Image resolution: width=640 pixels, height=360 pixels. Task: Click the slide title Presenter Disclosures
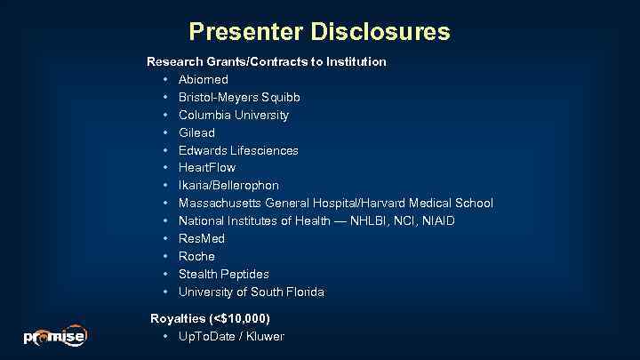319,32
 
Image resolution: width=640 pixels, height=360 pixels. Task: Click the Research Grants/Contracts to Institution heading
266,62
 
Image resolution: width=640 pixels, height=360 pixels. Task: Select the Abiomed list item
203,80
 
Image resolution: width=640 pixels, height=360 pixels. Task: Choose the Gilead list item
196,132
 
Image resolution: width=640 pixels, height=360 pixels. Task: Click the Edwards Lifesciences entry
238,150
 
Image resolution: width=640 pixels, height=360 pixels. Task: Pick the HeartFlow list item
206,167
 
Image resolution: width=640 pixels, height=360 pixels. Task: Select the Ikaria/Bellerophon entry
228,185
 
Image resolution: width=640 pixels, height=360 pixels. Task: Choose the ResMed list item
201,238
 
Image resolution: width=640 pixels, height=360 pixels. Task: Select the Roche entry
196,256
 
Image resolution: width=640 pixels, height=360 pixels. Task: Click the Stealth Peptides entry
223,274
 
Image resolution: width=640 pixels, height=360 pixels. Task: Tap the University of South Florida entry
251,292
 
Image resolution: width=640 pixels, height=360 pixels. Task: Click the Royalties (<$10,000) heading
210,318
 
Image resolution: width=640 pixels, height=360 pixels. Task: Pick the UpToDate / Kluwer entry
231,336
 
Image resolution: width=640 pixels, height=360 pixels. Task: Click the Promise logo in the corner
54,336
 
